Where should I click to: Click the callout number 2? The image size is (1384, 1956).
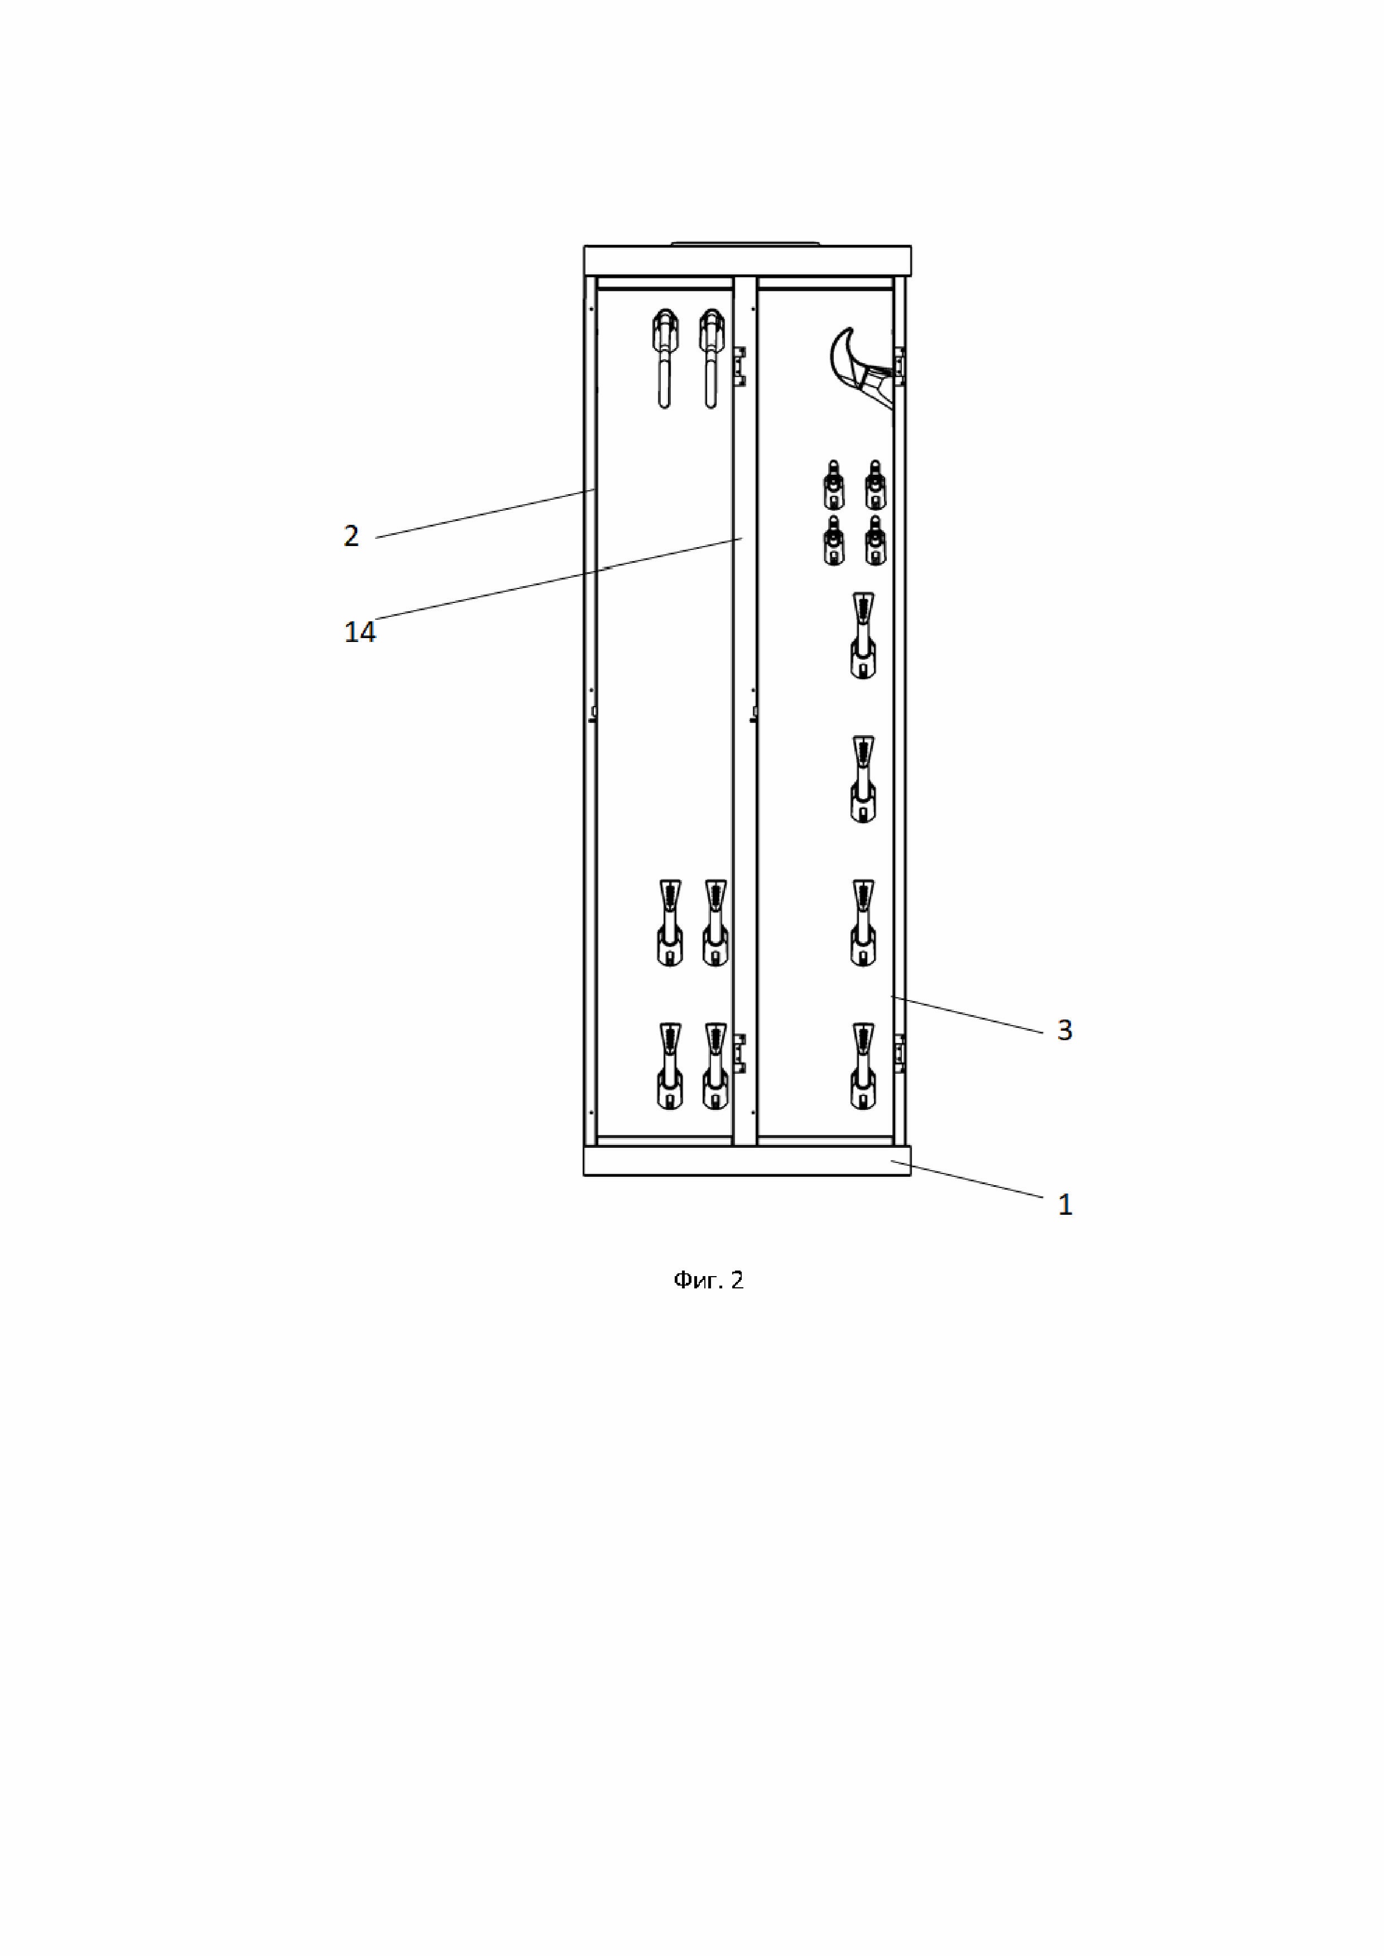pyautogui.click(x=351, y=536)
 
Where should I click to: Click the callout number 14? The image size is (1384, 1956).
pyautogui.click(x=359, y=632)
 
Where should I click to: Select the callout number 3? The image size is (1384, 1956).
pyautogui.click(x=1064, y=1030)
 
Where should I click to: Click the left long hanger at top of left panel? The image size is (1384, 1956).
pyautogui.click(x=665, y=358)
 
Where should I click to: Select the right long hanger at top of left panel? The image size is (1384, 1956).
pyautogui.click(x=711, y=358)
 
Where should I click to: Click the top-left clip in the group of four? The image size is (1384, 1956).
pyautogui.click(x=833, y=486)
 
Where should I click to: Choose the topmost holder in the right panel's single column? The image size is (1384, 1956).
pyautogui.click(x=863, y=635)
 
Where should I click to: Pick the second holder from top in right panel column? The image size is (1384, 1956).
pyautogui.click(x=863, y=779)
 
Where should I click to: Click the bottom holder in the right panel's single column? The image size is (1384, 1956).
pyautogui.click(x=863, y=1066)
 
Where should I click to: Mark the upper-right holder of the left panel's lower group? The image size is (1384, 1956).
pyautogui.click(x=716, y=923)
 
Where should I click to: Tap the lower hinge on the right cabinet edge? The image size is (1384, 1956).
pyautogui.click(x=899, y=1054)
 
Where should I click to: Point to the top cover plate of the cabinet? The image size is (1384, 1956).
pyautogui.click(x=747, y=260)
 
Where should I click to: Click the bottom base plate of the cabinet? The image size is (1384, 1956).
pyautogui.click(x=747, y=1161)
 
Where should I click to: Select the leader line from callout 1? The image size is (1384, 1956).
pyautogui.click(x=972, y=1180)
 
